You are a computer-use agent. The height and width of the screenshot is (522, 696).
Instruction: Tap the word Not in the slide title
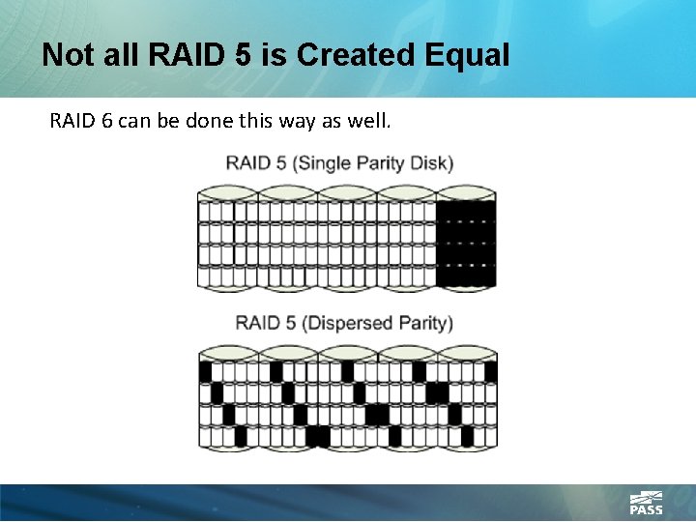pyautogui.click(x=67, y=55)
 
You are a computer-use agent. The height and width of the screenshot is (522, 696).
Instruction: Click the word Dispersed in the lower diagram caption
pyautogui.click(x=347, y=322)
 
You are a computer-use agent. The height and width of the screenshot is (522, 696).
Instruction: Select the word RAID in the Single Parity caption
pyautogui.click(x=247, y=162)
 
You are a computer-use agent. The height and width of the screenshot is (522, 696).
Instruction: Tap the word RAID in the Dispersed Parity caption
pyautogui.click(x=257, y=322)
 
